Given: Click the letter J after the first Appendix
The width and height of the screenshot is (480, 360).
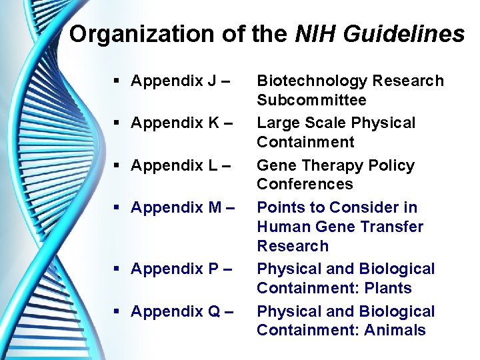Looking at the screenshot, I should (211, 81).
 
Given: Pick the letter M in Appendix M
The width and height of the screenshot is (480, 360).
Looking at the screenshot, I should (214, 208).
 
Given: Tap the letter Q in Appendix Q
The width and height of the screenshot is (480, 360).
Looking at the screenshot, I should (213, 311).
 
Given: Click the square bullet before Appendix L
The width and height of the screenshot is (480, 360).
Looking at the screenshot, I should (117, 165).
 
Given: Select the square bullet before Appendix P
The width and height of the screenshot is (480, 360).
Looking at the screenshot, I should (117, 269).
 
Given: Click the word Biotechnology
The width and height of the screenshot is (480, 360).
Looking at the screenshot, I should (312, 81).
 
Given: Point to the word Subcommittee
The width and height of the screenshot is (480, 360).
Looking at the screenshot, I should (311, 100).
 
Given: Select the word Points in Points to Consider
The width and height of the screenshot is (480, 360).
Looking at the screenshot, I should (279, 208).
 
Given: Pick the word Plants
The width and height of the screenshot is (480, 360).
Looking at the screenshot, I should (389, 288).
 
